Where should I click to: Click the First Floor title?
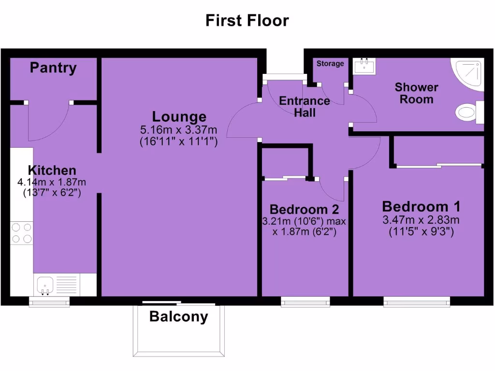[247, 21]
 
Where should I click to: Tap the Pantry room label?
[53, 68]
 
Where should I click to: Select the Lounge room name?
[179, 116]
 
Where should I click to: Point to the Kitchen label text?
[52, 170]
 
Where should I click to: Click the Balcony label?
[178, 317]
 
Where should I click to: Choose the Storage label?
[330, 64]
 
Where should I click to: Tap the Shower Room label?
[416, 93]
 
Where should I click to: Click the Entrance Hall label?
[305, 107]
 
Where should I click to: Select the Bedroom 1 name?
[421, 207]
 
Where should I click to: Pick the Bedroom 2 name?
[304, 210]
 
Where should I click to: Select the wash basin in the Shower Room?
[364, 66]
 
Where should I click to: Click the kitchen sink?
[45, 285]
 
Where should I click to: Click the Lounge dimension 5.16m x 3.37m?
[178, 129]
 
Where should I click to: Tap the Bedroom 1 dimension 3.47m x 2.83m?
[421, 220]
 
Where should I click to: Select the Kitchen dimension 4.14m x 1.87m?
[52, 182]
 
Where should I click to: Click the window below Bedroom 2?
[306, 302]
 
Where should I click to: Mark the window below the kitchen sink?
[49, 301]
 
